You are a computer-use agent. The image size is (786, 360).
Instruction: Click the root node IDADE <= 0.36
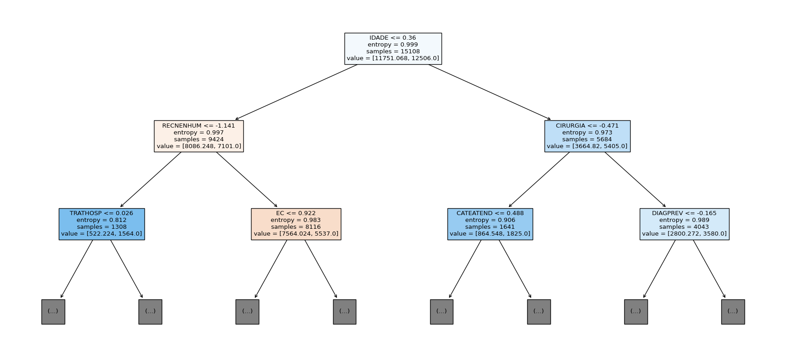tap(393, 48)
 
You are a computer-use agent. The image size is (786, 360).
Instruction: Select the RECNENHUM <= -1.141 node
tap(199, 136)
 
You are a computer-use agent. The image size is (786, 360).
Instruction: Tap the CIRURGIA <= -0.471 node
tap(587, 136)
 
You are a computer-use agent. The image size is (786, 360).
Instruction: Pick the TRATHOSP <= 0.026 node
tap(102, 224)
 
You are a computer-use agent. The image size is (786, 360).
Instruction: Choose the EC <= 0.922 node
tap(296, 224)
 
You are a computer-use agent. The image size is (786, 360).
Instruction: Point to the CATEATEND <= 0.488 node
tap(490, 224)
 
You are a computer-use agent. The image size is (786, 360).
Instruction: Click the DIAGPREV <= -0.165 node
tap(684, 224)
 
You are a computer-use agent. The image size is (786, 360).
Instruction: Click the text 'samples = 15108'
tap(393, 51)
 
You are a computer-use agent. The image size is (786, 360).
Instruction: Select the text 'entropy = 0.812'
tap(102, 220)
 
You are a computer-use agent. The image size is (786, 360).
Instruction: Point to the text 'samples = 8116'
tap(296, 227)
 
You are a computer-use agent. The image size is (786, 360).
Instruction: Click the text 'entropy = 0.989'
tap(684, 220)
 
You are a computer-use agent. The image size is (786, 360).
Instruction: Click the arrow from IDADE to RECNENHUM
tap(296, 92)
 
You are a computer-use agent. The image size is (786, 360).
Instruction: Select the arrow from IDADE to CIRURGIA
tap(489, 92)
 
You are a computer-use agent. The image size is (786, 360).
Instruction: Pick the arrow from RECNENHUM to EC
tap(247, 180)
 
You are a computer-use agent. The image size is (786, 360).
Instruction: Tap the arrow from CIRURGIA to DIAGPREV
tap(635, 180)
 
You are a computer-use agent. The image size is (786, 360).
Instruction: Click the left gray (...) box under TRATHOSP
tap(53, 312)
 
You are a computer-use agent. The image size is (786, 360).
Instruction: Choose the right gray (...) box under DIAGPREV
tap(733, 312)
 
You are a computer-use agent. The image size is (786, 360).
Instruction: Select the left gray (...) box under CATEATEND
tap(442, 312)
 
